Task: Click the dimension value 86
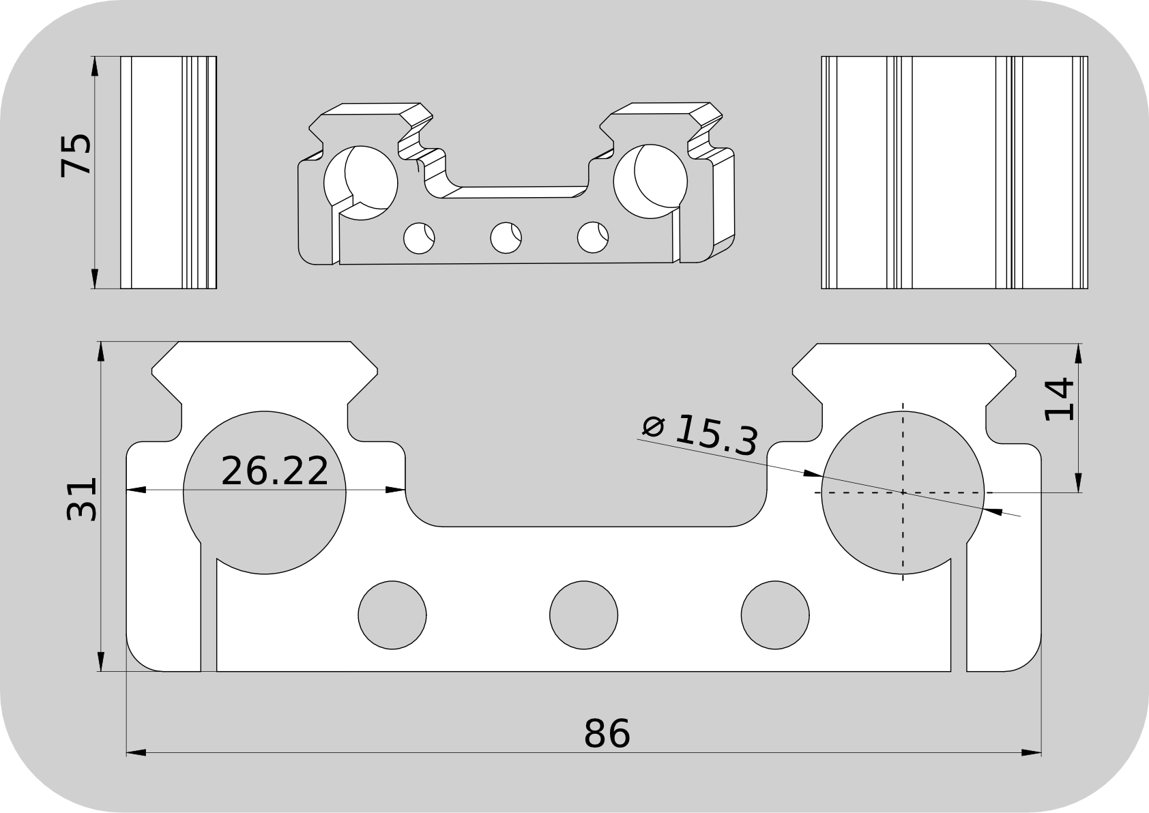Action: (x=607, y=734)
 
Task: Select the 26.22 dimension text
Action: (x=275, y=471)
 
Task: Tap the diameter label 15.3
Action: (x=716, y=435)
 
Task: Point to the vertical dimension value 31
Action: (x=82, y=499)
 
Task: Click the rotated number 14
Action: (x=1059, y=400)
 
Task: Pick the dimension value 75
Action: (x=75, y=155)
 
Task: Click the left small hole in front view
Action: (x=392, y=615)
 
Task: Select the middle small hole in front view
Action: (x=583, y=615)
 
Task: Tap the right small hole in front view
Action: (x=776, y=615)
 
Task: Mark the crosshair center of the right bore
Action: (x=903, y=492)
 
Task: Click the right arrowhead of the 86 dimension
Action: (x=1034, y=753)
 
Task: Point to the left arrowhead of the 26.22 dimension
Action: (x=136, y=489)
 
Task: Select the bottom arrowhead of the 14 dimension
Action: (x=1079, y=482)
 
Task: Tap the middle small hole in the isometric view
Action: (x=506, y=237)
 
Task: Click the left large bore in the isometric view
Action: (x=361, y=182)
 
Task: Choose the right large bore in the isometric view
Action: (x=650, y=181)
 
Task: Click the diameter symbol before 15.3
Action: (x=653, y=426)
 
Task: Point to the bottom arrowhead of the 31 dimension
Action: (x=101, y=662)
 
